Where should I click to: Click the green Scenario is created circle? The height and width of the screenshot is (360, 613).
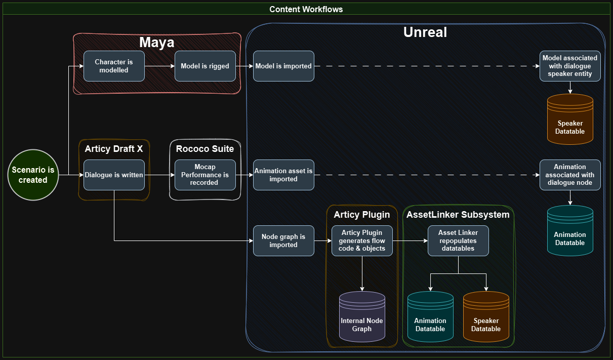33,175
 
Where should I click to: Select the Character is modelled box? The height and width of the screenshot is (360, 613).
114,66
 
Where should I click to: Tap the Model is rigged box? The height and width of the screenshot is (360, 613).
205,66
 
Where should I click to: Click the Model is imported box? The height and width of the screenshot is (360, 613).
283,66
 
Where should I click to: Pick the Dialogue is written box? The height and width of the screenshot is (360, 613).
114,175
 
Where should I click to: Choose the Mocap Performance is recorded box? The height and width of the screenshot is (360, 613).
205,175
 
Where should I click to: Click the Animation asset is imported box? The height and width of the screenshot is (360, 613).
283,175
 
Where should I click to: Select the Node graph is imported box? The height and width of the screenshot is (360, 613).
283,241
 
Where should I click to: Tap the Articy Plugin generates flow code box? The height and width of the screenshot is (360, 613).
362,241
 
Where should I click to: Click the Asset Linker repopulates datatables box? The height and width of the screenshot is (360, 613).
458,241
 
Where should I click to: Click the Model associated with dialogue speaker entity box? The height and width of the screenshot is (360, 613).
570,66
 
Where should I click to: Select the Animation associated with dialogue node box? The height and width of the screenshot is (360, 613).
570,175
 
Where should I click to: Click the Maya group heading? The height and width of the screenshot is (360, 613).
157,43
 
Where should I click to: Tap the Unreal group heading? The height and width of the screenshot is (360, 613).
425,32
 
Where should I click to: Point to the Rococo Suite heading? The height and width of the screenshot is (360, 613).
205,149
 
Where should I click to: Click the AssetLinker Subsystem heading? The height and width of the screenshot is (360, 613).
458,215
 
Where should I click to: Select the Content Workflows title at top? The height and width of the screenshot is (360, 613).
306,9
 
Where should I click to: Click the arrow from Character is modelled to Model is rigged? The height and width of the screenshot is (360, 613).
159,66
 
